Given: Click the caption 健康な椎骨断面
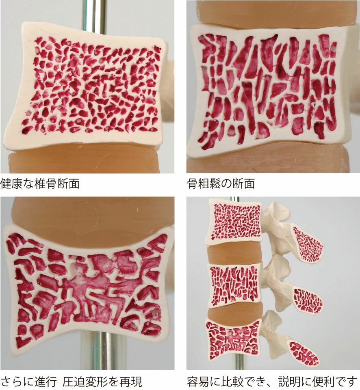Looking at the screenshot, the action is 40,184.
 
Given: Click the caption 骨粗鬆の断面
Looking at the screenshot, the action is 221,184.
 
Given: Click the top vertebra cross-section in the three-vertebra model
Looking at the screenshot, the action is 234,222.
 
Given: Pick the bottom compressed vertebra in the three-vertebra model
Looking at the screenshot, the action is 233,340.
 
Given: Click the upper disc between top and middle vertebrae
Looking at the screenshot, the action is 234,254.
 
